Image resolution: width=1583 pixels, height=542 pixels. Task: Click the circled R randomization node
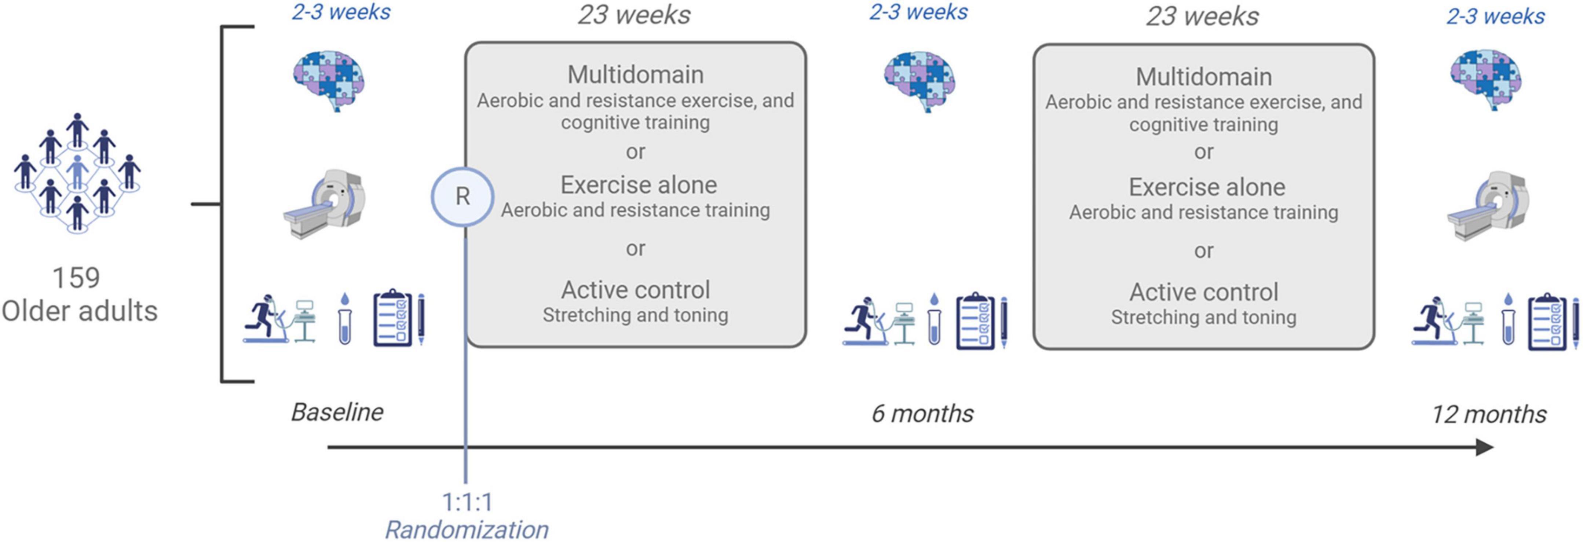[x=462, y=197]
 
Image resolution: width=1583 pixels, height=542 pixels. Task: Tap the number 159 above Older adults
[x=76, y=278]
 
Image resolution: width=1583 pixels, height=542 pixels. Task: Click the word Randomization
[x=467, y=529]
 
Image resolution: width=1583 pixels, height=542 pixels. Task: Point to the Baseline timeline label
[x=337, y=412]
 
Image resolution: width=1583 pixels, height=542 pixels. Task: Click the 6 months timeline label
[x=922, y=414]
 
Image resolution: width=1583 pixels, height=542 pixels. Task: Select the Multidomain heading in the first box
[x=635, y=74]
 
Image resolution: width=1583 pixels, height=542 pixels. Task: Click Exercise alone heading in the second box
[x=1207, y=187]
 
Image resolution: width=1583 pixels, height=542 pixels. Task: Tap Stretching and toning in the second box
[x=1203, y=317]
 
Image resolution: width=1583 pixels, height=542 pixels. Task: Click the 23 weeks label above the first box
[x=634, y=15]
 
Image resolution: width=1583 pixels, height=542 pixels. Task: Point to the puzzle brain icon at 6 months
[x=919, y=81]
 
